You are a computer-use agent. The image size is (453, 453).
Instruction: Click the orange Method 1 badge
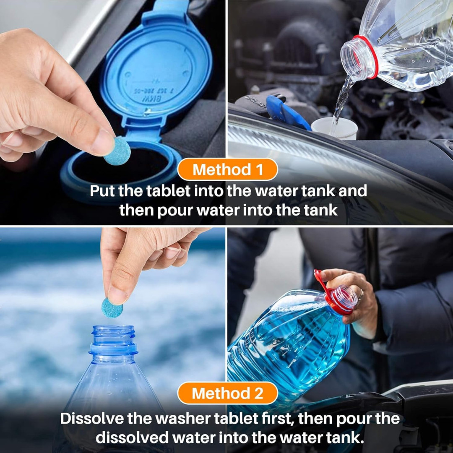tap(227, 170)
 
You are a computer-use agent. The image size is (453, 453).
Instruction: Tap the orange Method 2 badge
tap(227, 393)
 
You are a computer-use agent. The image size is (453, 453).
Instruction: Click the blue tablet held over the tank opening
tap(117, 151)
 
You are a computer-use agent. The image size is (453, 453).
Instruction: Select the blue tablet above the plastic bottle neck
tap(112, 307)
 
